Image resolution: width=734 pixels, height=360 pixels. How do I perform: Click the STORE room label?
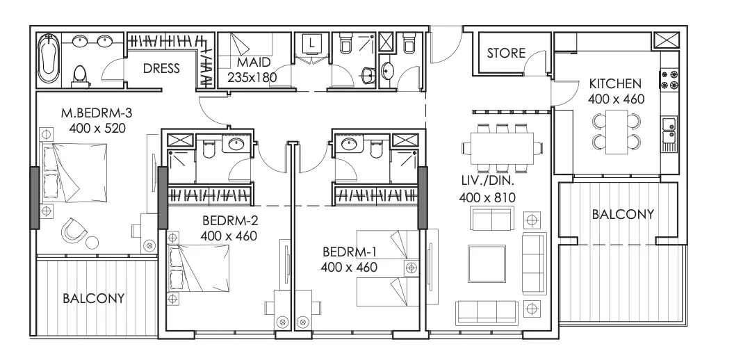tap(506, 53)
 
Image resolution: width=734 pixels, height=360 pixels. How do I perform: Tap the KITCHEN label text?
tap(615, 84)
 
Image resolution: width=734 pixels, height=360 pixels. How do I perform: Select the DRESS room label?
tap(161, 68)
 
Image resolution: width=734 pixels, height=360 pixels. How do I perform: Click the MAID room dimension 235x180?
tap(252, 77)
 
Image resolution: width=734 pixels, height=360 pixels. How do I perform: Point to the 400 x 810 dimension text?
tap(487, 197)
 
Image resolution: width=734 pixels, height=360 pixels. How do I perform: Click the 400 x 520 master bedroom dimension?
tap(97, 128)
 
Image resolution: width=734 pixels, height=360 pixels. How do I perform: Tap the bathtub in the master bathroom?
tap(48, 58)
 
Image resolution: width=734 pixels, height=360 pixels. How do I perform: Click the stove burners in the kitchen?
tap(669, 80)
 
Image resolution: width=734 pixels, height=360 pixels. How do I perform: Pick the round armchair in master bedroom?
tap(74, 230)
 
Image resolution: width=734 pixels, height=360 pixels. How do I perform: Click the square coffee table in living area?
tap(487, 264)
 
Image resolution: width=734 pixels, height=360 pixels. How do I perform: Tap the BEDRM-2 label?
tap(230, 220)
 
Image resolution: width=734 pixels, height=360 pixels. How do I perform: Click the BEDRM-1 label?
tap(350, 252)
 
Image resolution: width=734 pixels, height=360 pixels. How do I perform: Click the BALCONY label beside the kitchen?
tap(623, 215)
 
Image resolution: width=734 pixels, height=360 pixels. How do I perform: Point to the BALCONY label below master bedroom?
tap(94, 298)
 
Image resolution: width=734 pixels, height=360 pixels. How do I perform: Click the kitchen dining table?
tap(616, 131)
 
